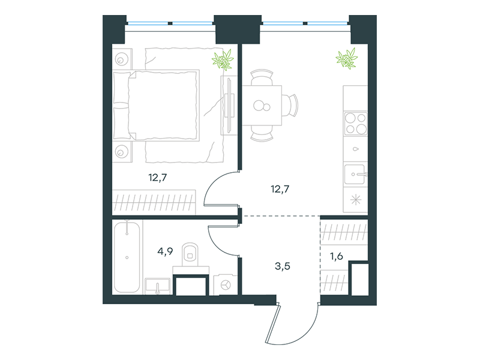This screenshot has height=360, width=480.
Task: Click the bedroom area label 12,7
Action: (x=158, y=178)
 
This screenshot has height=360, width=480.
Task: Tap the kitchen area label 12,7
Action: (x=280, y=189)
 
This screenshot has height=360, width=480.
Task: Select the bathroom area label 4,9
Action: (x=165, y=251)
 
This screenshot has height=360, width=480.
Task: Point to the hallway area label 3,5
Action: (x=282, y=266)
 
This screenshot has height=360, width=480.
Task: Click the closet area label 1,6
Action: (x=337, y=256)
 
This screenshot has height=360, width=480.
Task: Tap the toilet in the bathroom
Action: (x=190, y=256)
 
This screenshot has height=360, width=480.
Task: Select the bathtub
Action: (x=127, y=257)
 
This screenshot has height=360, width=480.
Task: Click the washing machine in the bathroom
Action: (x=226, y=285)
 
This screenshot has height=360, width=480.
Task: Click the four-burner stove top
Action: (x=356, y=124)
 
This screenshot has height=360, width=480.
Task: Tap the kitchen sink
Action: (x=355, y=175)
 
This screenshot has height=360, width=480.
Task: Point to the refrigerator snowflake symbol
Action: (x=356, y=200)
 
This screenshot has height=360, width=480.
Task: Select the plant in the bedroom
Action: (x=223, y=60)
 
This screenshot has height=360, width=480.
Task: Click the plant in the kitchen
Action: (x=347, y=58)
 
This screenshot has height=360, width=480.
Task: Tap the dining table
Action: (x=262, y=106)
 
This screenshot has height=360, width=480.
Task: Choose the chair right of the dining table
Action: (x=290, y=106)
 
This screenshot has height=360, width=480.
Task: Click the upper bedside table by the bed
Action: (x=122, y=58)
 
